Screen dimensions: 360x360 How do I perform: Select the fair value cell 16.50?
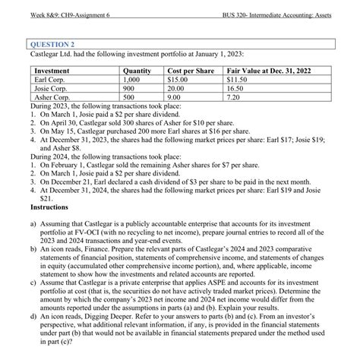click(237, 88)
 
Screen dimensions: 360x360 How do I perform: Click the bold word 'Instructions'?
click(49, 207)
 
